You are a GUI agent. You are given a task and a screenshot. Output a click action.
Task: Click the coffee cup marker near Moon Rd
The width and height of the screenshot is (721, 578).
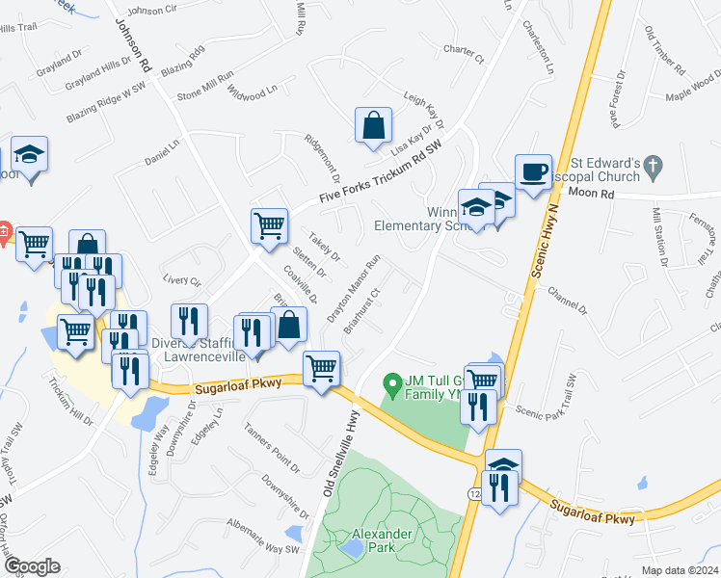533,172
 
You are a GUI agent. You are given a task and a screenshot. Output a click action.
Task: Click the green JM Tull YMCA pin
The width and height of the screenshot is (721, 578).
392,383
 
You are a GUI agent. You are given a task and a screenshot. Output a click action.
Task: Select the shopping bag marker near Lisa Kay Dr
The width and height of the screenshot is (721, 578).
373,126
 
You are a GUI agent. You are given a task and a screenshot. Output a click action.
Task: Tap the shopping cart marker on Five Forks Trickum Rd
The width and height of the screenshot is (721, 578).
269,226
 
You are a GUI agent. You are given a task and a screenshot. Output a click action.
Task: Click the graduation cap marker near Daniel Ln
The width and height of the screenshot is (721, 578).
30,156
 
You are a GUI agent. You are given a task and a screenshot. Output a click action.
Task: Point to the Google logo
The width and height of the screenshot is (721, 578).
32,566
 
